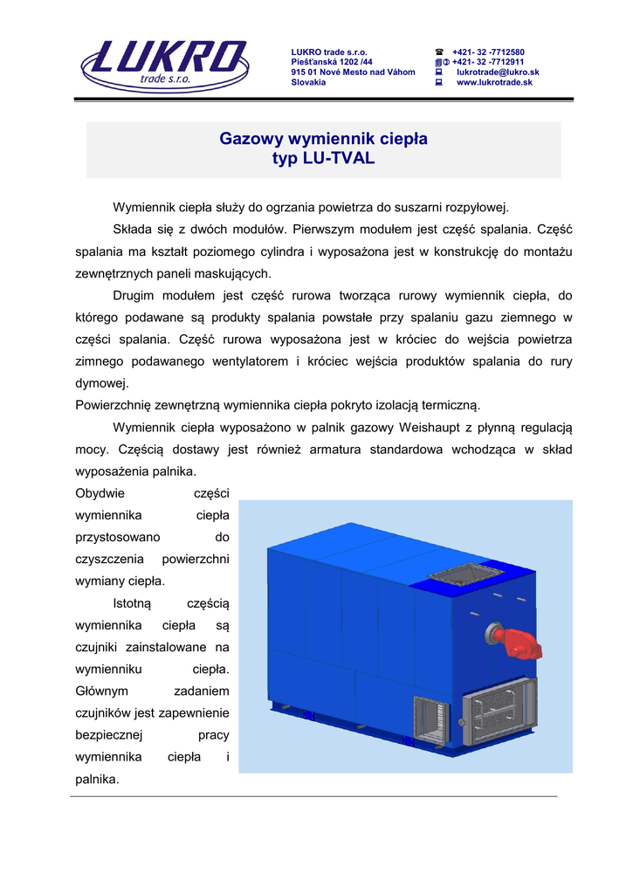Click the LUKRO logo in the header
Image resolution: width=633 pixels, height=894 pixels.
163,64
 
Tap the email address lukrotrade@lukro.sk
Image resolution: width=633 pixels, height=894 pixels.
497,72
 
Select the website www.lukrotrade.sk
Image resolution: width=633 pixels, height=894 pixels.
493,82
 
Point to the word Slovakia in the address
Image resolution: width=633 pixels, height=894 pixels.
308,82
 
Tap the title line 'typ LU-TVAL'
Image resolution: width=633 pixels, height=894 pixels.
323,159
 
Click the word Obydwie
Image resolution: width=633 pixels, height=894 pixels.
101,493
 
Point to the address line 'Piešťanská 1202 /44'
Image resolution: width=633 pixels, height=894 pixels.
332,62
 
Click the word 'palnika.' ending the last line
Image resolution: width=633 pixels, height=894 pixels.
98,779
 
